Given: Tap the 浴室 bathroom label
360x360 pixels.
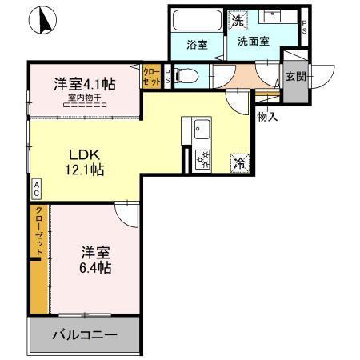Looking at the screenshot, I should click(x=197, y=45).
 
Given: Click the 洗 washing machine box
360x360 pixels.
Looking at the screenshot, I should click(x=238, y=19).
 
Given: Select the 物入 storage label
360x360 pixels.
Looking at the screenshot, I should click(x=266, y=118).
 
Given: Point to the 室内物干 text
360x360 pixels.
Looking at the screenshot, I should click(x=84, y=98).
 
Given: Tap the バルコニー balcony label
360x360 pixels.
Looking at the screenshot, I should click(x=85, y=335).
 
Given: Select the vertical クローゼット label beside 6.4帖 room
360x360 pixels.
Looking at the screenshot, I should click(x=38, y=233).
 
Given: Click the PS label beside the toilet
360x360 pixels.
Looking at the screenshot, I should click(x=166, y=76).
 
